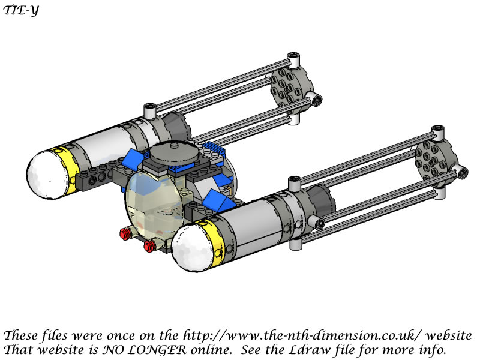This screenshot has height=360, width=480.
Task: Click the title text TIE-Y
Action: point(21,10)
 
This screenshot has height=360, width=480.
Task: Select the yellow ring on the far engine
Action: point(66,169)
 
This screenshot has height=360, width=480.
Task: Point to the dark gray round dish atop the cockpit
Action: point(173,152)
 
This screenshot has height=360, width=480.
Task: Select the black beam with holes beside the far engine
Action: point(94,178)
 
